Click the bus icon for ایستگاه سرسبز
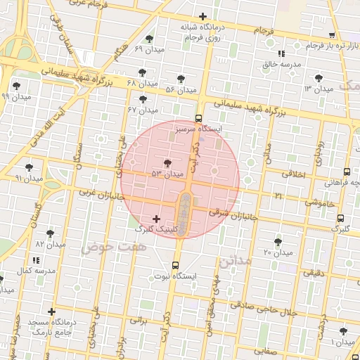(x=198, y=119)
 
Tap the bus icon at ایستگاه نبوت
(x=175, y=265)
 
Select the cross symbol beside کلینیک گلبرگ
(x=156, y=219)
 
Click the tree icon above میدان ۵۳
(x=167, y=163)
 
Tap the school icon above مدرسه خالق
(x=281, y=53)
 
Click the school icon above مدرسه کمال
(x=36, y=260)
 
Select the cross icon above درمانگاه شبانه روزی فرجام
(x=203, y=16)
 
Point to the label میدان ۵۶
(x=180, y=89)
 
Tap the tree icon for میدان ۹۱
(x=29, y=167)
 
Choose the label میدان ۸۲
(x=50, y=244)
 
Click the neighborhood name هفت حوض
(x=103, y=247)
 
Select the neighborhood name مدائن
(x=234, y=261)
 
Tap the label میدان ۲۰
(x=277, y=252)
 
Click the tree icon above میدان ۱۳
(x=319, y=78)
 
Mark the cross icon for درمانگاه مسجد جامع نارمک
(x=51, y=311)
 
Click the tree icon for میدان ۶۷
(x=143, y=99)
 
